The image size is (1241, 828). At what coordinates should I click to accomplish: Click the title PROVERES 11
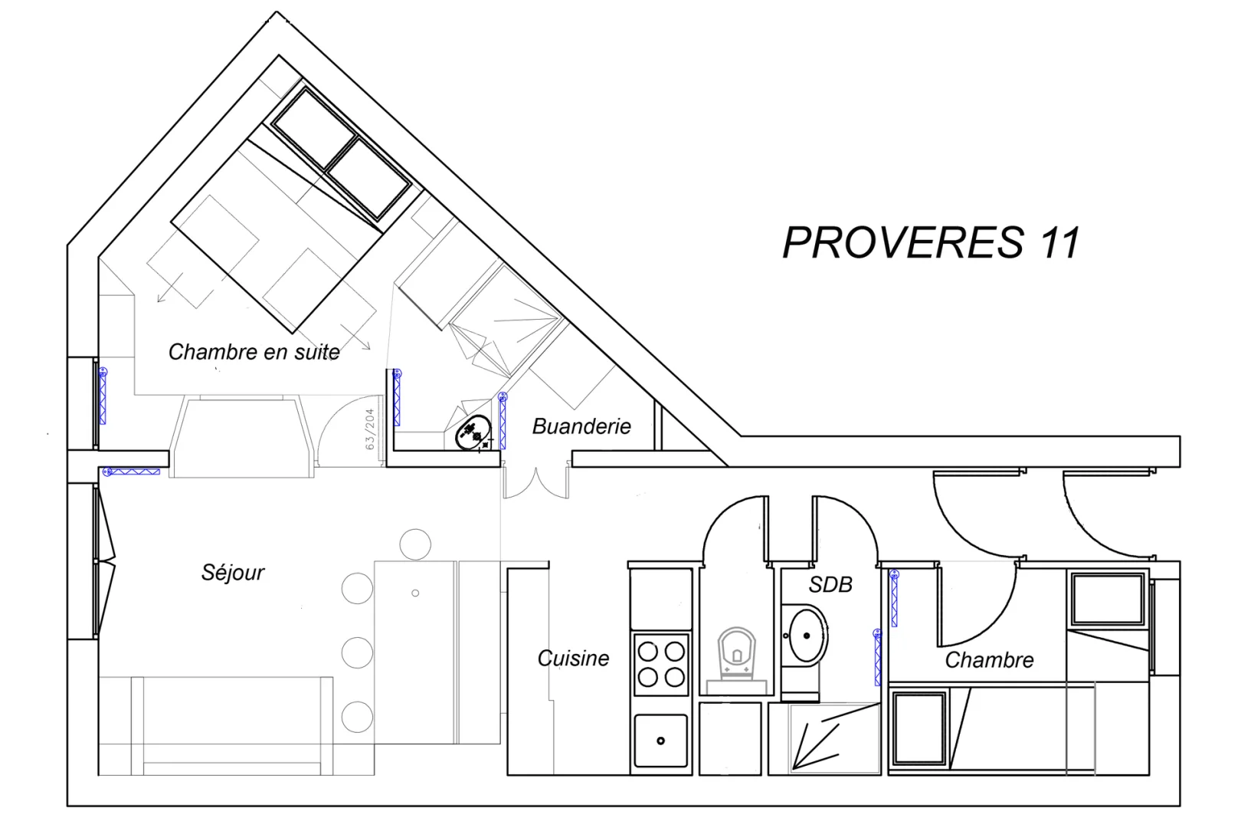click(932, 242)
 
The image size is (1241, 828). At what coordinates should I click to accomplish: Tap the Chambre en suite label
click(254, 352)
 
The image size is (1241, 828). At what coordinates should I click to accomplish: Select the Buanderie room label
click(581, 426)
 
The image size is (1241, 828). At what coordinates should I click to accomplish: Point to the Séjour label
click(233, 573)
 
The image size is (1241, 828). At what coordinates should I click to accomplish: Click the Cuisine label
click(574, 659)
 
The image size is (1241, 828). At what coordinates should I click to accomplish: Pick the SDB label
click(830, 584)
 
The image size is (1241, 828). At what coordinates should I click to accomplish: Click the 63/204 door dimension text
click(370, 429)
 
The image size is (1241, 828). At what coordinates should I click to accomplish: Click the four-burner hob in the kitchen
click(661, 665)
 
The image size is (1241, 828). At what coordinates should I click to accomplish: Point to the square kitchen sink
click(661, 741)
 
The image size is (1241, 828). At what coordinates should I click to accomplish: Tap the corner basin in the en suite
click(473, 433)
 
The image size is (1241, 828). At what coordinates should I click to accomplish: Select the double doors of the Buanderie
click(535, 482)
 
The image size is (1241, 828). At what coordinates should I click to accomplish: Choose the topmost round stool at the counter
click(415, 544)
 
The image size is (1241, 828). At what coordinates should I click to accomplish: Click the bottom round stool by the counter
click(357, 717)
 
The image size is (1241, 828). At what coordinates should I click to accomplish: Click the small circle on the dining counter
click(415, 593)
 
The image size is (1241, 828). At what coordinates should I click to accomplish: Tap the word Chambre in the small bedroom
click(990, 660)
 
